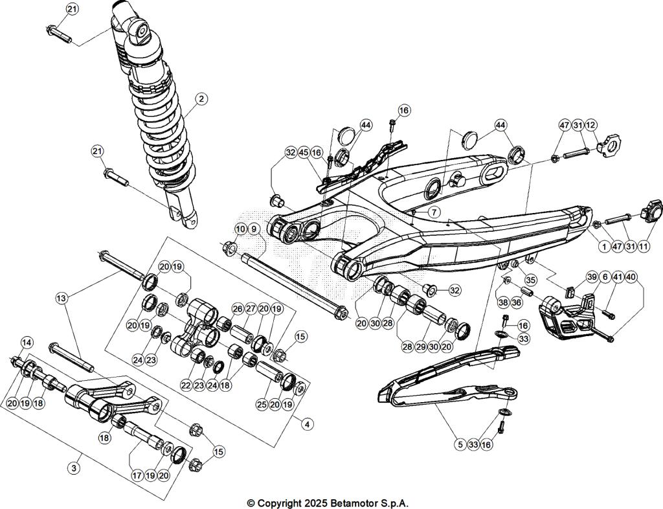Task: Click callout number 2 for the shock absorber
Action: pos(201,99)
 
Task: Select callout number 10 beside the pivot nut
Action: pos(240,229)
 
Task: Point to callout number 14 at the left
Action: pos(27,342)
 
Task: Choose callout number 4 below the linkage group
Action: pos(307,424)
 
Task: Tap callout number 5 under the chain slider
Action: pos(460,445)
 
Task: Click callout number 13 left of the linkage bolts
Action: pos(62,299)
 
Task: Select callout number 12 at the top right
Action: pos(591,124)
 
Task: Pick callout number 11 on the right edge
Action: pos(644,246)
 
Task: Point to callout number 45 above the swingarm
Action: pos(303,152)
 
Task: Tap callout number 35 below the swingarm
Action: pos(531,280)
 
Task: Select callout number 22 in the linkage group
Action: pos(186,385)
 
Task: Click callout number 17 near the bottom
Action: pos(137,475)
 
